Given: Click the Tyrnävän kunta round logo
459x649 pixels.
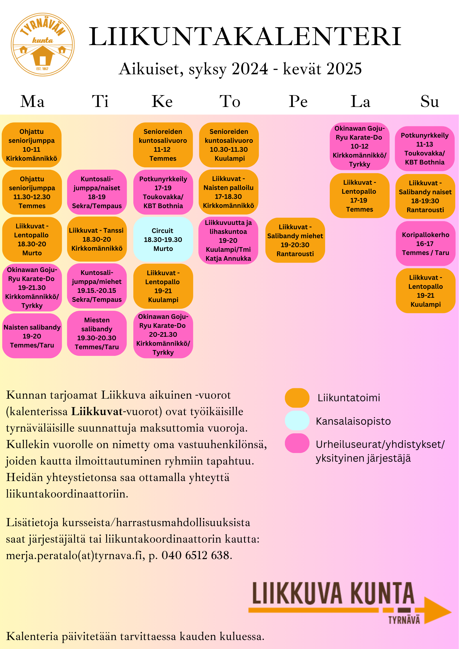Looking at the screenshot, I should coord(43,45).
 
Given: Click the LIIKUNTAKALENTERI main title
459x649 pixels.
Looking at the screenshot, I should coord(245,37).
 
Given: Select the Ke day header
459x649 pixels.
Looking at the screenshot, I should coord(162,101).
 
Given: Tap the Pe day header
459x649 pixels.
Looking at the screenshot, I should coord(298,101).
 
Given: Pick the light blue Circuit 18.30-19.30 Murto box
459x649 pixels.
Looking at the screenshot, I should coord(163,239).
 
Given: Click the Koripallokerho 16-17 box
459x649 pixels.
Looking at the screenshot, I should coord(425,243).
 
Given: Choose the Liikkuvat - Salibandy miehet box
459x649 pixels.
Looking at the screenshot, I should coord(295,240).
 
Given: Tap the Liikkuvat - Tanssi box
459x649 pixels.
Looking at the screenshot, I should coord(97,239).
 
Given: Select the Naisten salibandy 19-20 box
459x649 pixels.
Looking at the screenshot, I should coord(32,336).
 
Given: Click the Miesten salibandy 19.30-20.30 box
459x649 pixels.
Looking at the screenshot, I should coord(97,333).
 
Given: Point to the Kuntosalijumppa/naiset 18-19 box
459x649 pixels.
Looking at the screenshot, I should coord(97,192).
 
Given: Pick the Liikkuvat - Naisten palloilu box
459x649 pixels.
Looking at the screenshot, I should coord(228,192).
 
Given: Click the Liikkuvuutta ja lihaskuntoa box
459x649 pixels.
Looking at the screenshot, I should coord(228,240).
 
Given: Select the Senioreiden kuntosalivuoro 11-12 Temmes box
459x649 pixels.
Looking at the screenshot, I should coord(163,145).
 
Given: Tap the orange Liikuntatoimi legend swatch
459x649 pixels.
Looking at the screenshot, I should coord(297,398).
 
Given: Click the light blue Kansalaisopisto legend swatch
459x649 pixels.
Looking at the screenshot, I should coord(297,421).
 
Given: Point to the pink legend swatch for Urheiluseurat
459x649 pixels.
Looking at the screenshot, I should coord(297,443).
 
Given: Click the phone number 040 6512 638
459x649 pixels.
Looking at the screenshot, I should coord(196,555).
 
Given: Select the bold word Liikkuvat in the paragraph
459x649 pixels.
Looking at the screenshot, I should coord(97,411).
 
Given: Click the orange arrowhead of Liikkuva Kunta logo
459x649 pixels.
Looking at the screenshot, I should coord(437,611).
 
